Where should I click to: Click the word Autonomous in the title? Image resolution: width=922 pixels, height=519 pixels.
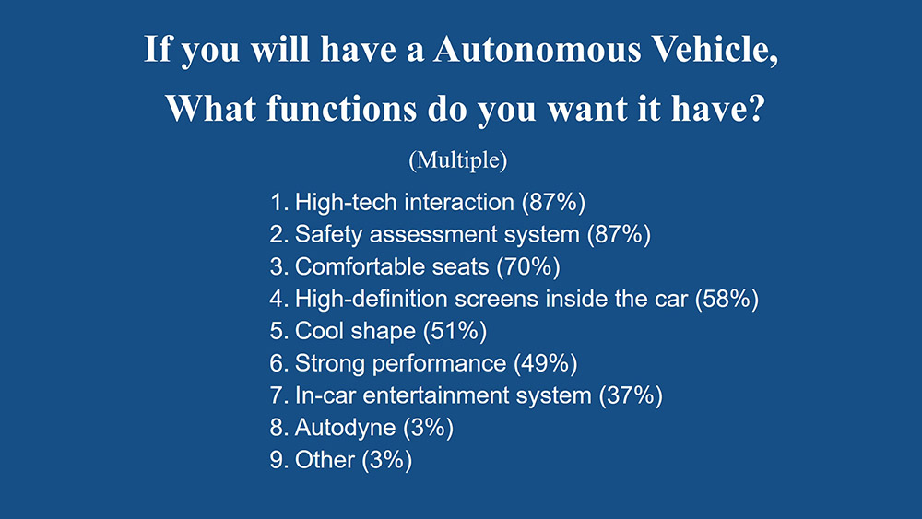537,50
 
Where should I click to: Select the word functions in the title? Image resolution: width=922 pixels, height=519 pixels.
342,109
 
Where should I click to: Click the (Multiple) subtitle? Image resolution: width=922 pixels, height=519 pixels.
458,159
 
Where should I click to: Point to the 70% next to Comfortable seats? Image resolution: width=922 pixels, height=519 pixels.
528,266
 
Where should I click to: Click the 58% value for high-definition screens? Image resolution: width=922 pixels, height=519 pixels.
727,300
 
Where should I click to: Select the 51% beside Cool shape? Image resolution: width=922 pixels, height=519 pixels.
455,331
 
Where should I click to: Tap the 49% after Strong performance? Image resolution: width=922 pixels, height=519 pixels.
545,363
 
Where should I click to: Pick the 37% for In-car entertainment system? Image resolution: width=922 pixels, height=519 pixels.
631,395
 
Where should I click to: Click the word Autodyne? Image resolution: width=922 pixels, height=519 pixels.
345,429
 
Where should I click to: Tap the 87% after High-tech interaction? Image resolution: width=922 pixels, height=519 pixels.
553,203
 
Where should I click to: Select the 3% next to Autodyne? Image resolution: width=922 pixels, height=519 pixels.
428,428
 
